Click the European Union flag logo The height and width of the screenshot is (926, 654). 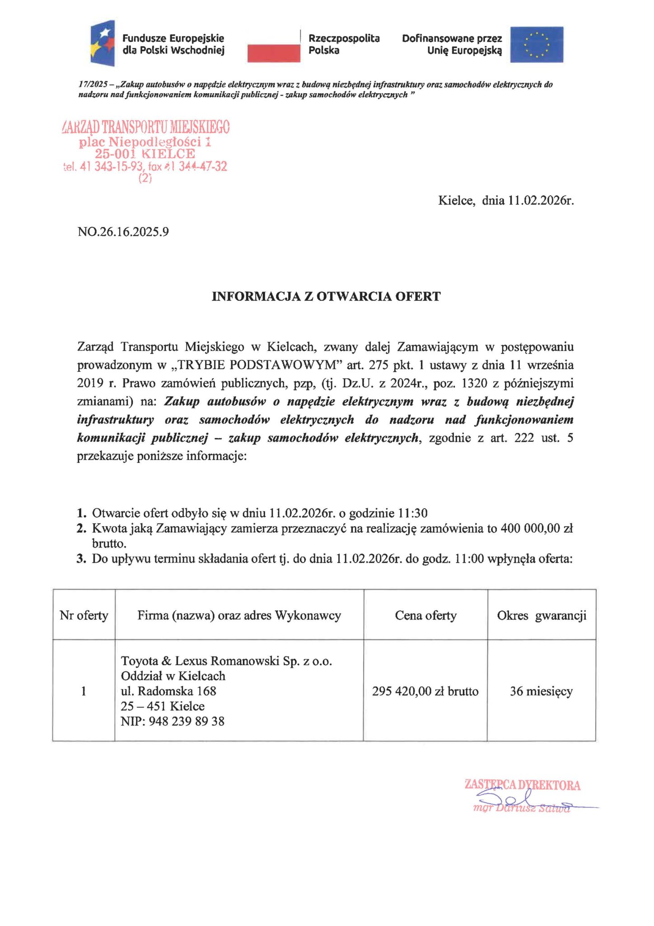coord(537,44)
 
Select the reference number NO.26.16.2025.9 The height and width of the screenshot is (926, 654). coord(123,232)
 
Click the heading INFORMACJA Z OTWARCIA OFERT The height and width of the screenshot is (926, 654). coord(326,297)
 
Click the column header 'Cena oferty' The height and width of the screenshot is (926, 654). coord(425,615)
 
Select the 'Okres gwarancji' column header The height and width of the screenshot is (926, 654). coord(542,615)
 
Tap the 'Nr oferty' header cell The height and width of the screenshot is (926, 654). coord(84,615)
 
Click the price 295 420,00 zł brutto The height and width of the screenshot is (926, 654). coord(425,691)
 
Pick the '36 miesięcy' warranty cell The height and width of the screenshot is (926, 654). coord(541,691)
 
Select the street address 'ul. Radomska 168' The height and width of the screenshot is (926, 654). coord(168,691)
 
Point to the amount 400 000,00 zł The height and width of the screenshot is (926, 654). coord(537,528)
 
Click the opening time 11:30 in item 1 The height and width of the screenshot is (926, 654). coord(412,513)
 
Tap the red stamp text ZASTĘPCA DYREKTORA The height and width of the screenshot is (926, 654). coord(523,785)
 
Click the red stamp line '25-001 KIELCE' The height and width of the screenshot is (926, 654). coord(145,154)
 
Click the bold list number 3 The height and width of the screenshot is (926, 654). coord(81,559)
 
